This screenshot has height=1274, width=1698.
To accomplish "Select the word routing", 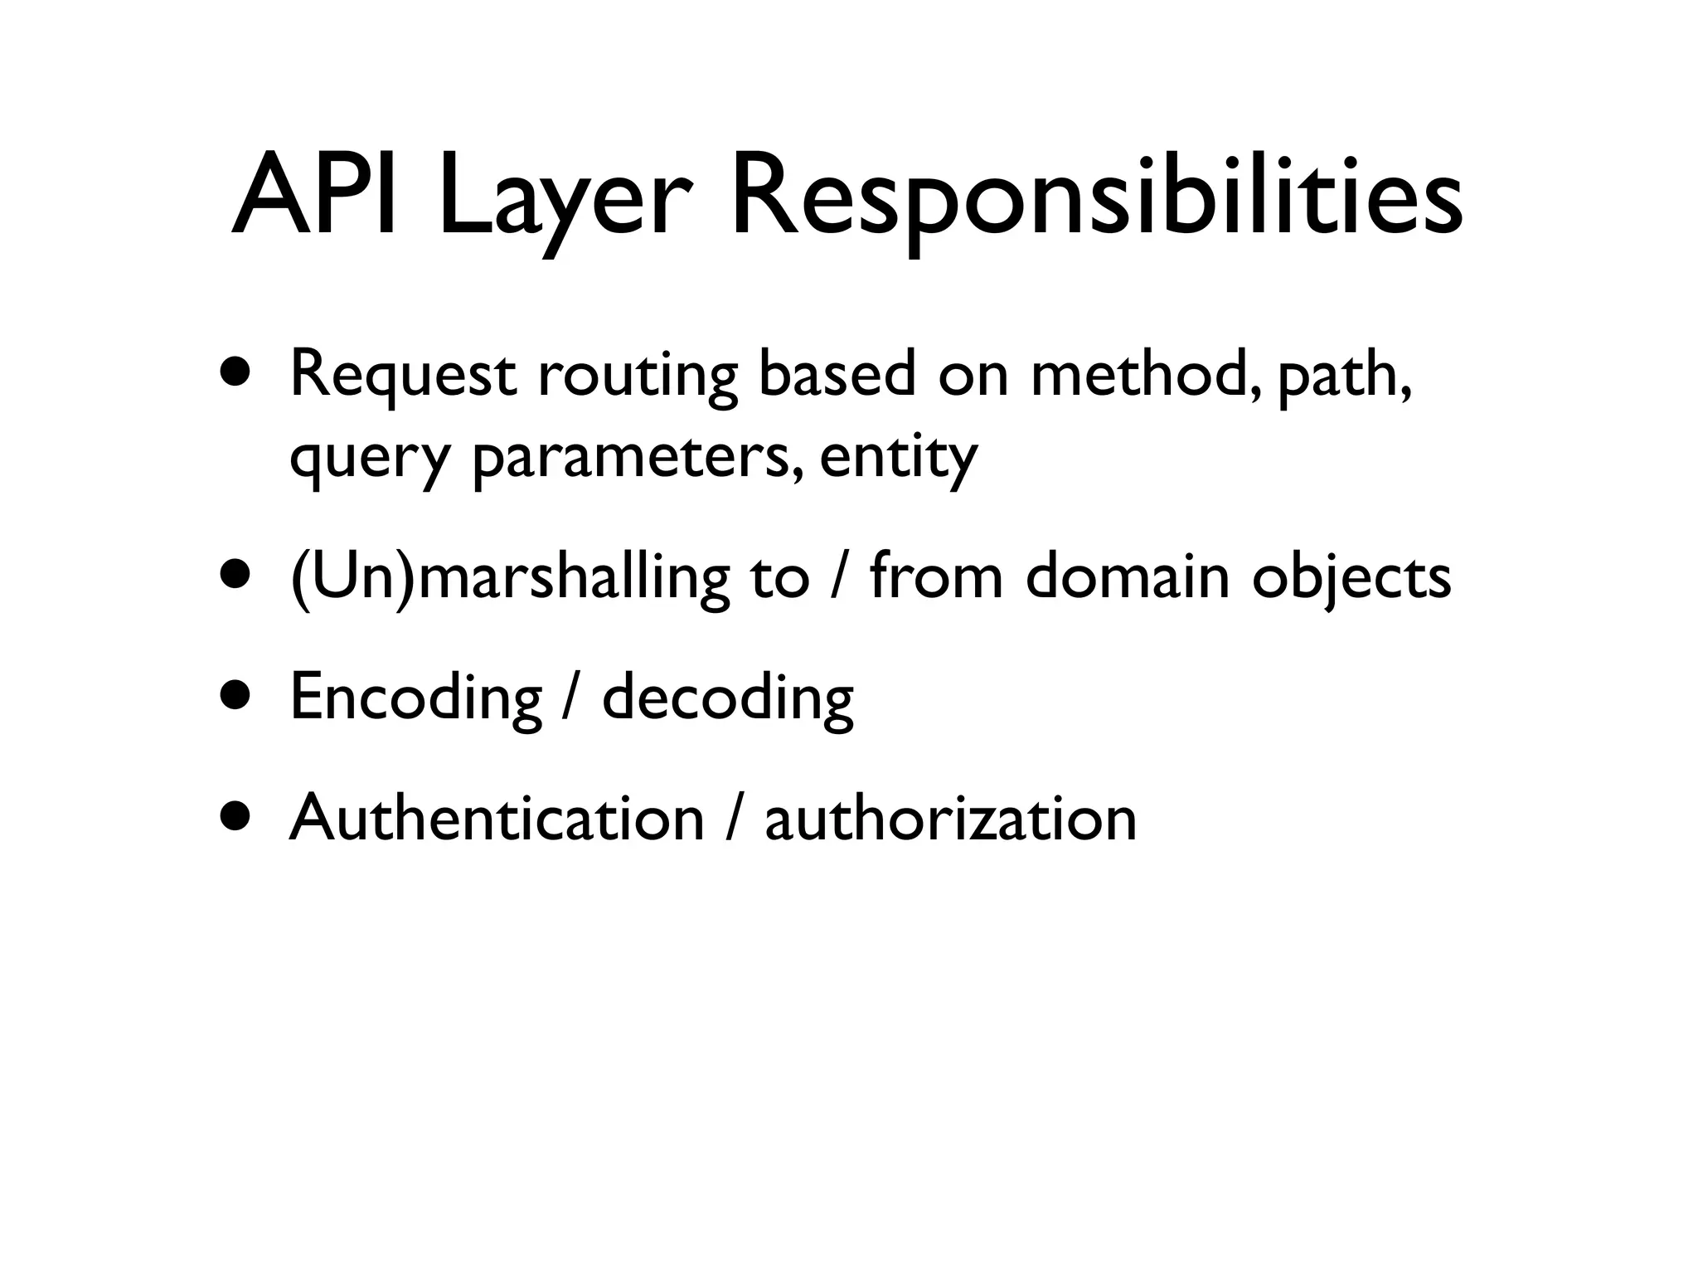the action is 637,377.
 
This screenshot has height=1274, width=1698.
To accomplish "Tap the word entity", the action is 899,459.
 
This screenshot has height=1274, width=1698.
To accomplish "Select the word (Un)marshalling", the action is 509,578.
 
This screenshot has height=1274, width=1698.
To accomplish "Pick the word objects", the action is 1351,578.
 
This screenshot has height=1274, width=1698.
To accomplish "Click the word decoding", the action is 727,699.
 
